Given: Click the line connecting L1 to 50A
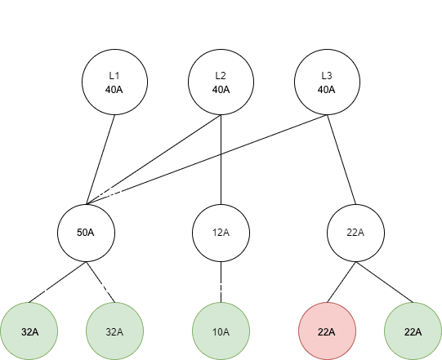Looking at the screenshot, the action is point(100,159).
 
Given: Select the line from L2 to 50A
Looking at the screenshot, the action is point(154,159).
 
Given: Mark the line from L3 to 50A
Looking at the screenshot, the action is point(207,159).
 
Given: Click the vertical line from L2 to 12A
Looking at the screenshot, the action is point(221,159).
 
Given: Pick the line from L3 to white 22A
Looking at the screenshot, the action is point(342,159).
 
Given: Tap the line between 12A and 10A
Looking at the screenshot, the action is point(221,282).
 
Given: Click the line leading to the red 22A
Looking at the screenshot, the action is point(342,282).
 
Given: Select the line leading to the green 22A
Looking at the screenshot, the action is point(385,282).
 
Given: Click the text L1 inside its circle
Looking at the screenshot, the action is point(114,75).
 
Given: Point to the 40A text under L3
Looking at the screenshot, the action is point(327,90).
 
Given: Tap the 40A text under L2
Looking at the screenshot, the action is point(221,90).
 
